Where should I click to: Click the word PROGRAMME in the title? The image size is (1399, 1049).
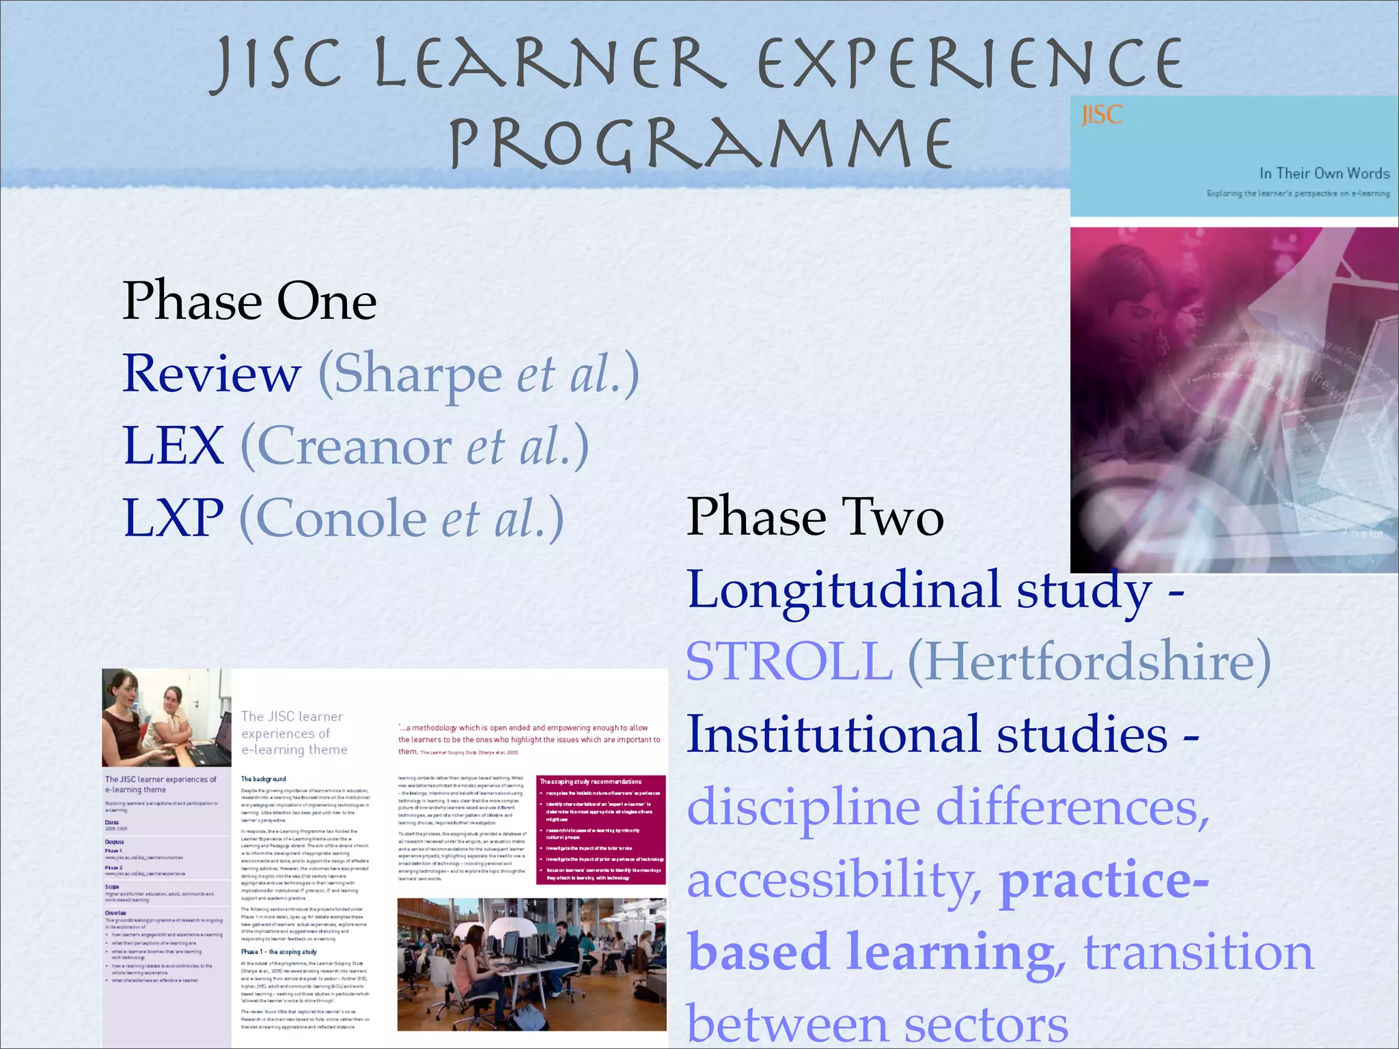click(701, 143)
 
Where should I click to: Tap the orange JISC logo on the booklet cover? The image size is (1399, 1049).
click(1101, 115)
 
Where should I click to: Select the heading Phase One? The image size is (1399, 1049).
click(249, 301)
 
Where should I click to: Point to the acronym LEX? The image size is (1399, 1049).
click(174, 446)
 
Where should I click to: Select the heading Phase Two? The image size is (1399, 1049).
click(815, 517)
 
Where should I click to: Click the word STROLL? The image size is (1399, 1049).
click(789, 661)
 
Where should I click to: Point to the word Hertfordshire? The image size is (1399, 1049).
click(1089, 661)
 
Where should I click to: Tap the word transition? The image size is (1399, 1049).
click(1198, 952)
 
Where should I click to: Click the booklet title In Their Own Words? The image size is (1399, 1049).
click(1324, 173)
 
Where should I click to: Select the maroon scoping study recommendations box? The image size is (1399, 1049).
click(601, 829)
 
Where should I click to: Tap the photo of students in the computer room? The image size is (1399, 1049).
click(531, 964)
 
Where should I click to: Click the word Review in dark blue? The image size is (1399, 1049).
click(212, 374)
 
